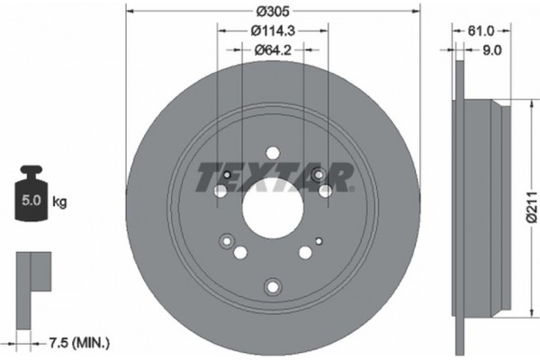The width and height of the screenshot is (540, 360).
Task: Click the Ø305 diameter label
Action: [x=271, y=11]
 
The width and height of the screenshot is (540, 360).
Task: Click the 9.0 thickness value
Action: [x=491, y=51]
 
